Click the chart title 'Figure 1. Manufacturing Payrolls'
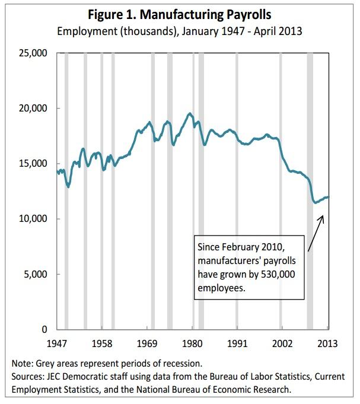tap(180, 14)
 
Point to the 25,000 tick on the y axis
tap(34, 53)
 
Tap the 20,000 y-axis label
tap(34, 109)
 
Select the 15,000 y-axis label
tap(34, 164)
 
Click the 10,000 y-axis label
tap(34, 219)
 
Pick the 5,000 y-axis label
tap(36, 274)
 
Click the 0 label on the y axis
tap(44, 329)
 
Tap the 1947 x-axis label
tap(57, 343)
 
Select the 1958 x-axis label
tap(102, 343)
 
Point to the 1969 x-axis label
tap(147, 343)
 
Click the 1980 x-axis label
tap(192, 343)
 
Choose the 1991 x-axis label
tap(237, 343)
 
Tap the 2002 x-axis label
tap(282, 343)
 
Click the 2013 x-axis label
tap(327, 343)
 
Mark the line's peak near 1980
tap(190, 113)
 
